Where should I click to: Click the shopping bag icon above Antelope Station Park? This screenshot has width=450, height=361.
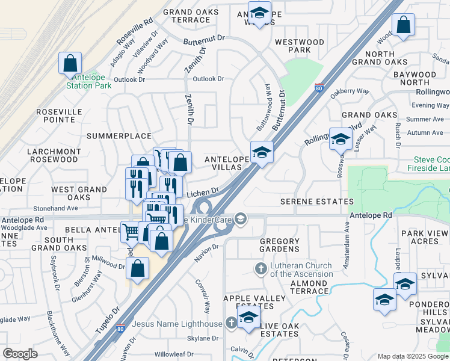coord(70,63)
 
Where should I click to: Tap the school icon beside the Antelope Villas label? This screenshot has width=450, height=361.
coord(262,152)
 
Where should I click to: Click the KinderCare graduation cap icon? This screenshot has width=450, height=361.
coord(241,218)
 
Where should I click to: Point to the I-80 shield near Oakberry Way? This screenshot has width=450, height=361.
coord(319,88)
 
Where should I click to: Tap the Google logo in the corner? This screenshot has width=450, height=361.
coord(20,353)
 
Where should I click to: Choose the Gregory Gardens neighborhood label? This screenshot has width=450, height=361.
coord(279,245)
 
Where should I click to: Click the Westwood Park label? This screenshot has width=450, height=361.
coord(299,46)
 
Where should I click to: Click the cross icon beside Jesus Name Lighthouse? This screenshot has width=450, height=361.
coord(231,324)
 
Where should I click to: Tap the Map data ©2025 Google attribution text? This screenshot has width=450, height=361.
coord(413,356)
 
